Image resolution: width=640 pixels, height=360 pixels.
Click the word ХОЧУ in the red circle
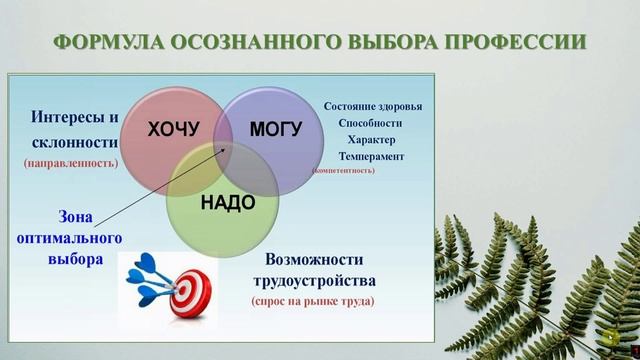click(x=174, y=129)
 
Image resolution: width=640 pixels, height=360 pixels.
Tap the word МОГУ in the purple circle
click(x=275, y=129)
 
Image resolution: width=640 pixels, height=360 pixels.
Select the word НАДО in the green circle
click(x=228, y=203)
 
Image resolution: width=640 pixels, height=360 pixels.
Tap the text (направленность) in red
click(x=70, y=161)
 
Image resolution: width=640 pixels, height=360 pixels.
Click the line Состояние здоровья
click(x=373, y=107)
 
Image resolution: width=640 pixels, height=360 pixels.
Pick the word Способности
click(x=372, y=124)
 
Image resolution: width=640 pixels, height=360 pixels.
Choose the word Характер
click(x=372, y=140)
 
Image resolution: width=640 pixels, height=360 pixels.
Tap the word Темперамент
click(x=372, y=157)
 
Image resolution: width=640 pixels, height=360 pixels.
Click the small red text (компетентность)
click(x=343, y=171)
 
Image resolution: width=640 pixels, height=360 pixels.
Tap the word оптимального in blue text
click(x=71, y=239)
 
